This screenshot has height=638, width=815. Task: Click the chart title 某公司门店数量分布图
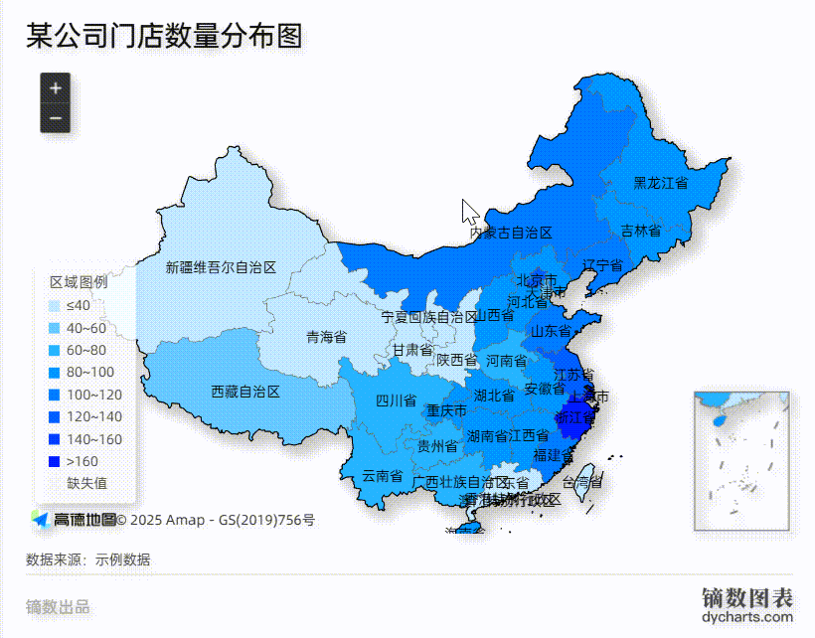tap(164, 37)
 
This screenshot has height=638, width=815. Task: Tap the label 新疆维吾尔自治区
tap(221, 267)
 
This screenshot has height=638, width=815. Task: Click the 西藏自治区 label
tap(246, 392)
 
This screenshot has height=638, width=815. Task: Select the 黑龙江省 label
tap(661, 183)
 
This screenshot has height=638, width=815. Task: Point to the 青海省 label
tap(326, 337)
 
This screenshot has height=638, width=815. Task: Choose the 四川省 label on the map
tap(396, 401)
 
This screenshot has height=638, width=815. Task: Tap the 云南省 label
tap(382, 476)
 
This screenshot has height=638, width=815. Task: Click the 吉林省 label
tap(641, 230)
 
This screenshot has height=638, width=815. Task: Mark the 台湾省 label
tap(582, 482)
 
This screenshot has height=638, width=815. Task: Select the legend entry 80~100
tap(89, 372)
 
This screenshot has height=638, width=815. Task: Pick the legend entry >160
tap(81, 461)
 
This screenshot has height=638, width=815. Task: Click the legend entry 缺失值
tap(86, 483)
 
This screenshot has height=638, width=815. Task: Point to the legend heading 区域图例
tap(79, 281)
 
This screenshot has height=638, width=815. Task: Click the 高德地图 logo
tap(74, 519)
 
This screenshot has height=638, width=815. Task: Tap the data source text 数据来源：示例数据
tap(88, 559)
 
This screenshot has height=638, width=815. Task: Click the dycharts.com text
tap(747, 618)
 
